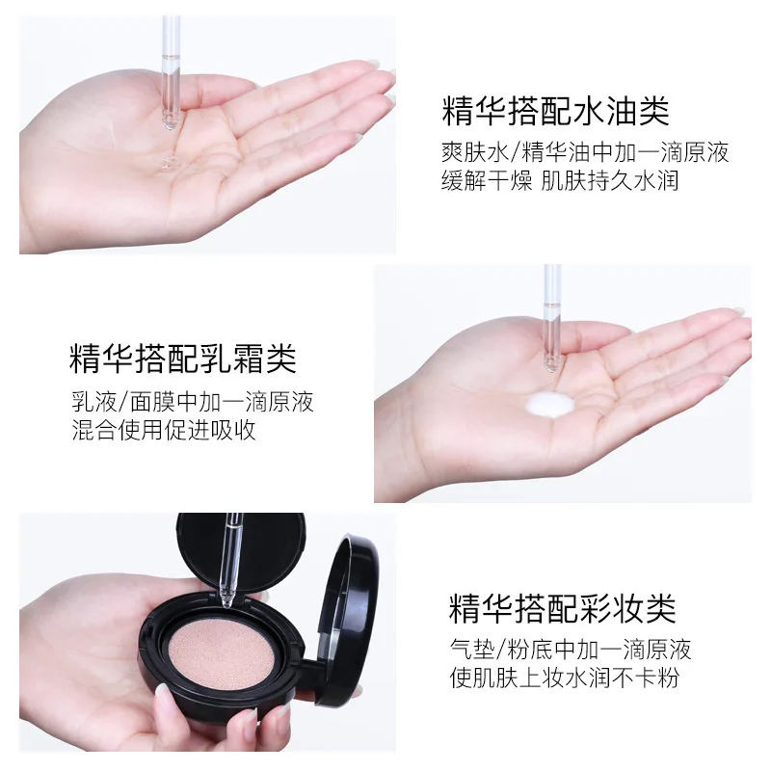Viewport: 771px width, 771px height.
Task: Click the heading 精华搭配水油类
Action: pos(555,111)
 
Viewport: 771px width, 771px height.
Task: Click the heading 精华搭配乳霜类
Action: pos(183,359)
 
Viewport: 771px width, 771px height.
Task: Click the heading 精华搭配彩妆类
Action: pos(562,607)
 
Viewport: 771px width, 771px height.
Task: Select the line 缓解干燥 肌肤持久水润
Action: pos(559,181)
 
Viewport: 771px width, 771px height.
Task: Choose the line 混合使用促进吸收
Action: pos(164,430)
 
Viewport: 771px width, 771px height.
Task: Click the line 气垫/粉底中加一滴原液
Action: pos(571,649)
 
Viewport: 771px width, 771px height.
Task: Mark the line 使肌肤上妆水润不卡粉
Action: pos(564,678)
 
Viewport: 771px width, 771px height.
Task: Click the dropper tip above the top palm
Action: pos(171,120)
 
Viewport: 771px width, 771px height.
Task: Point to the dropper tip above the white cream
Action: pos(551,364)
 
